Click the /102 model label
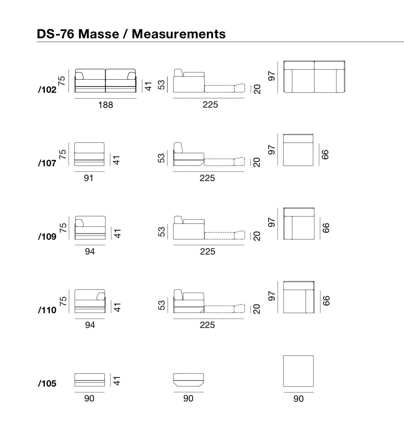click(x=47, y=89)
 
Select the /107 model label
click(x=47, y=163)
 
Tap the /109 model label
click(x=47, y=236)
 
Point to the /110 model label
click(x=47, y=310)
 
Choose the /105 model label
click(x=47, y=384)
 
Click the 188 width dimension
click(x=106, y=105)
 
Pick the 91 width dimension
click(x=89, y=178)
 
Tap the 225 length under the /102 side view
click(x=210, y=105)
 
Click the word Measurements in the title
click(x=179, y=34)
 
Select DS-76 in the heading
click(x=56, y=34)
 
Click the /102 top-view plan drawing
click(x=314, y=77)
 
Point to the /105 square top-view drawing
click(x=298, y=371)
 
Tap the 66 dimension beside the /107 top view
click(x=325, y=155)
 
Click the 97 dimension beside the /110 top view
click(x=272, y=296)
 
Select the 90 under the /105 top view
click(x=298, y=399)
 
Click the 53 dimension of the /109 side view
click(x=162, y=232)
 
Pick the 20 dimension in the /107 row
click(x=257, y=162)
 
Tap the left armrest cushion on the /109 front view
click(x=79, y=223)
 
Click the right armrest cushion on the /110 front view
click(x=100, y=296)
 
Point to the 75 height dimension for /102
click(x=62, y=81)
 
